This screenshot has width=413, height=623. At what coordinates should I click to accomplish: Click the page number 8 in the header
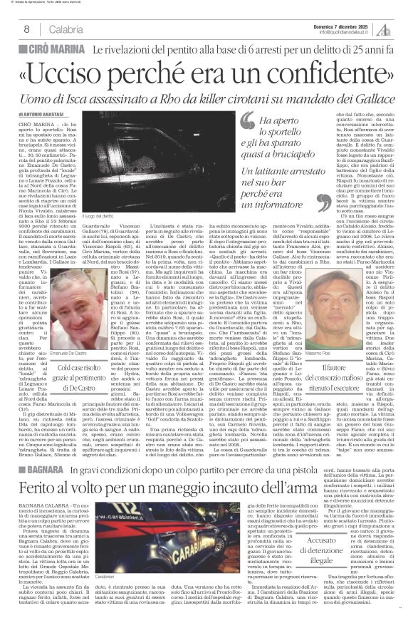coord(26,29)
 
